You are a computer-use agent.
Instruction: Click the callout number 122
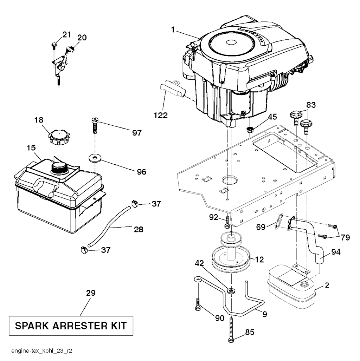click(x=161, y=115)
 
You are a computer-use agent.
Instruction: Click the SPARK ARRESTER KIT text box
click(x=71, y=326)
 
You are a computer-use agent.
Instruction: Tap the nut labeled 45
click(x=250, y=129)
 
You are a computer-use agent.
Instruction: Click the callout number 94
click(x=336, y=252)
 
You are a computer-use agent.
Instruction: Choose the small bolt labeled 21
click(x=54, y=45)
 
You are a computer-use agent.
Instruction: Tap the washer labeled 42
click(x=231, y=291)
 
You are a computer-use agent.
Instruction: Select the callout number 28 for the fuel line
click(x=139, y=229)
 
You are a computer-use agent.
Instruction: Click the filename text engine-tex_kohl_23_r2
click(x=42, y=350)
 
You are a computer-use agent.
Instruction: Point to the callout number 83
click(x=311, y=105)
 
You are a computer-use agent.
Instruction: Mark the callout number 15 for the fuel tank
click(x=31, y=147)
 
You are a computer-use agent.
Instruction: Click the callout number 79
click(x=345, y=237)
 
